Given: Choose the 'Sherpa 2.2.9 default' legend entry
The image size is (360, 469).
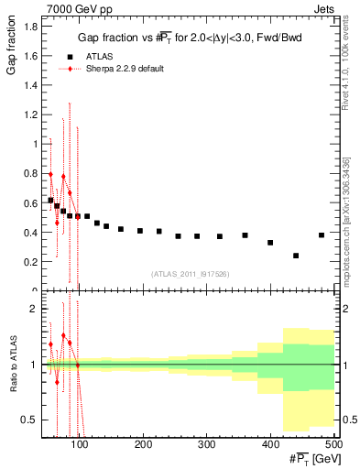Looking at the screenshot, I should point(129,69).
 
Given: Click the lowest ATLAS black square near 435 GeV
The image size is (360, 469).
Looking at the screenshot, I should point(296,256).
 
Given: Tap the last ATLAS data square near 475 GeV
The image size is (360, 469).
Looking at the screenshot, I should point(322,235).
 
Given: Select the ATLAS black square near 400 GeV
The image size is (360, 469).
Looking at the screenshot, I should point(270,243).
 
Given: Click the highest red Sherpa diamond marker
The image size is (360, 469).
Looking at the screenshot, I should point(51,174).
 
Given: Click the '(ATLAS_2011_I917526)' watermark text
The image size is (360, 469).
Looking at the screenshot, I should point(190,274).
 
